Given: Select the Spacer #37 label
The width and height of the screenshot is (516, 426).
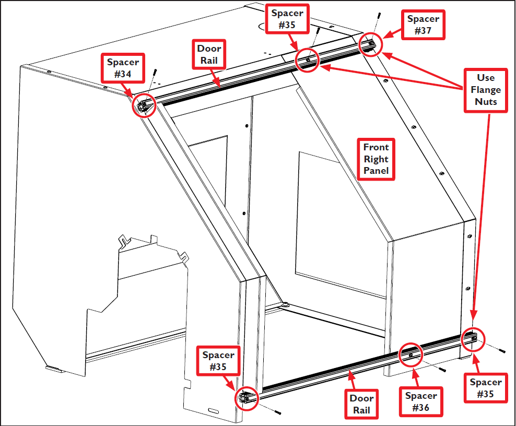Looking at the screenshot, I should click(423, 25).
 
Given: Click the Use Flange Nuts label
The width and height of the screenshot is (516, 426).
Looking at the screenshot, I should click(486, 90).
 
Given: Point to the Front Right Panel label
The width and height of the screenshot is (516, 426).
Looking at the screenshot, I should click(376, 159).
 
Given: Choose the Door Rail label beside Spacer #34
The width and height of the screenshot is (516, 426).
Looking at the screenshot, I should click(209, 54).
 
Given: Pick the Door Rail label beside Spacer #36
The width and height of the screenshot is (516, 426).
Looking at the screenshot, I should click(361, 404).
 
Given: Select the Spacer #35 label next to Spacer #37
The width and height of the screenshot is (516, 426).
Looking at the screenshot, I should click(287, 19).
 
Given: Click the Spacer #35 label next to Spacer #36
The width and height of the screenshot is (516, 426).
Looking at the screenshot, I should click(486, 388).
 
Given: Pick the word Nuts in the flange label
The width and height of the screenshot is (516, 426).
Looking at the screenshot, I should click(486, 102).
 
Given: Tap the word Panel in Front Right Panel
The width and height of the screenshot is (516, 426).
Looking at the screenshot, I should click(376, 171).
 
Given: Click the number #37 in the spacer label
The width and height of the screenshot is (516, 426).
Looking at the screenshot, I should click(423, 31).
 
